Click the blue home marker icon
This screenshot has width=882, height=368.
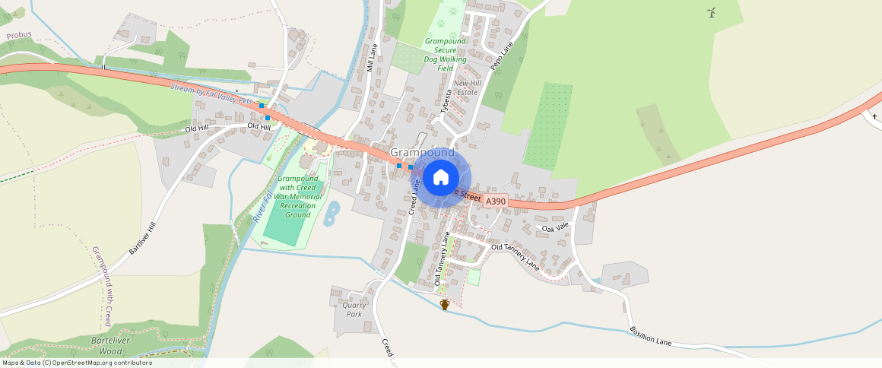point(441,178)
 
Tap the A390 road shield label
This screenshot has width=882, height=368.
point(495,201)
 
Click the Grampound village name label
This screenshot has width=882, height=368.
point(422,153)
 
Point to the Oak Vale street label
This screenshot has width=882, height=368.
point(555,227)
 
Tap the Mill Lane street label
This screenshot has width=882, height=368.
point(372,57)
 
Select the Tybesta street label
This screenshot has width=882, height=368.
point(446,103)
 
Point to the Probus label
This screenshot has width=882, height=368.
point(18,36)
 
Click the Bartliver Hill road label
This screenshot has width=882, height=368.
point(142,237)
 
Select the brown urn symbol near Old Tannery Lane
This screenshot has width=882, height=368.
point(445,304)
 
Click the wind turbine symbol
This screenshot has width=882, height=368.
point(712,12)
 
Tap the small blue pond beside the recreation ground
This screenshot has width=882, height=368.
point(332,214)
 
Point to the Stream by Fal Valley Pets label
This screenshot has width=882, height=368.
point(211,94)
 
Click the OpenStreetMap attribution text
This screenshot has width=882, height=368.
point(77,363)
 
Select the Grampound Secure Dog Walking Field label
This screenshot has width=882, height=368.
point(446,55)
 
